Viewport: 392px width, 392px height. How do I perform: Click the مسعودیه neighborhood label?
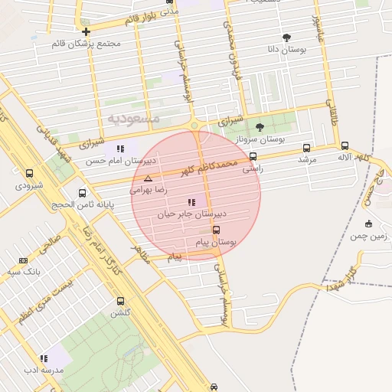coord(133,118)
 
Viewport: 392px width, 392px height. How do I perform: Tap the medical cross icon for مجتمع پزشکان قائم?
coord(87,32)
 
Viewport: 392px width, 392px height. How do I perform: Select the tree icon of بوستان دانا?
coord(286,37)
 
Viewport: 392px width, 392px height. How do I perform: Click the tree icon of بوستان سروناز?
coord(260,127)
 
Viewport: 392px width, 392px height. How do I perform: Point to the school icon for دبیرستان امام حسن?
coord(119,149)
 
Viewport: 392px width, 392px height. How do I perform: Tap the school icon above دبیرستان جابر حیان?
coord(191,203)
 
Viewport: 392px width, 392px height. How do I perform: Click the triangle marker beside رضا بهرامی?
coord(149,178)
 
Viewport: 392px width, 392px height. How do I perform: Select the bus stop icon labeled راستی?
coord(253,157)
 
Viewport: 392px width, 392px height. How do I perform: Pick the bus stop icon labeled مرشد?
coord(307,148)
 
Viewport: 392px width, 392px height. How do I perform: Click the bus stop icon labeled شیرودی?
coord(30,174)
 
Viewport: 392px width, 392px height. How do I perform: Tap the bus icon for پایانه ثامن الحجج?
coord(82,192)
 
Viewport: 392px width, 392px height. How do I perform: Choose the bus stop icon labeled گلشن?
coord(120,301)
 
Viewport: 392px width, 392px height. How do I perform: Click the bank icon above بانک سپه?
coord(23,260)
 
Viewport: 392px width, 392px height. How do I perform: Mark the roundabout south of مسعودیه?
coord(194,126)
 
